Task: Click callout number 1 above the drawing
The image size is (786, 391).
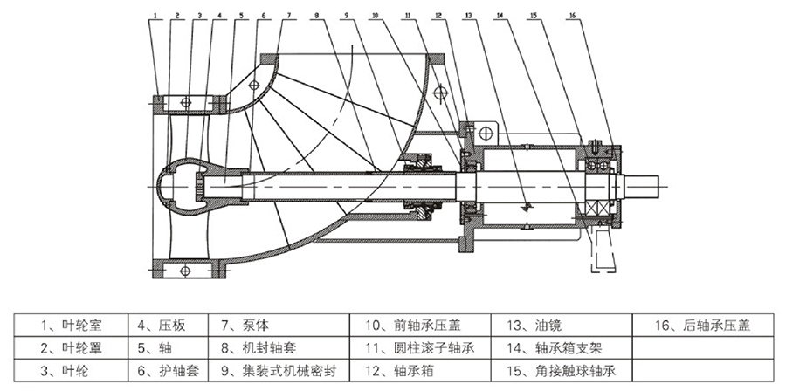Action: coord(155,15)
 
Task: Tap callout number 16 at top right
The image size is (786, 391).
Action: coord(572,15)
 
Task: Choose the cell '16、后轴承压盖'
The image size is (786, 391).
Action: coord(701,326)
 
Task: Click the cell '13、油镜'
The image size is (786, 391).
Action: coord(529,326)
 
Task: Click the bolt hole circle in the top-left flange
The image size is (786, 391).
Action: coord(184,103)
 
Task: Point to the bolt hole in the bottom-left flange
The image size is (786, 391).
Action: coord(184,271)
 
